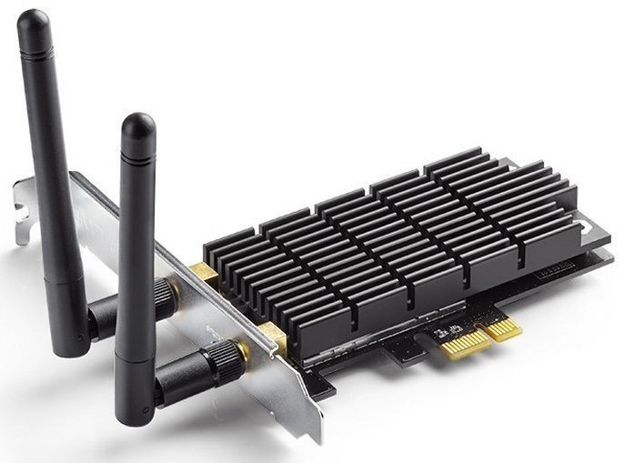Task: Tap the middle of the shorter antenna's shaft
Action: (136, 264)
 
